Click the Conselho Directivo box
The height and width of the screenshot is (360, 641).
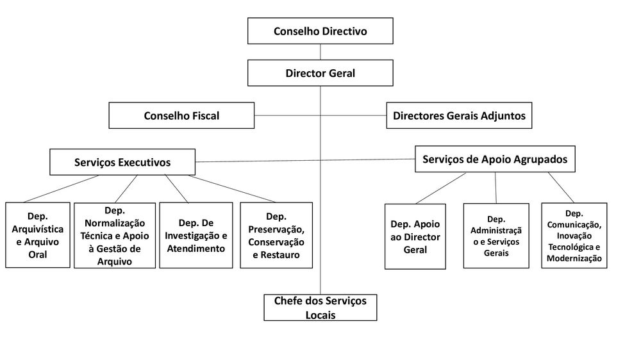tap(320, 31)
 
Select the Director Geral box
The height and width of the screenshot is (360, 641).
tap(320, 73)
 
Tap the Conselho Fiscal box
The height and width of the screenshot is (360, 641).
tap(181, 116)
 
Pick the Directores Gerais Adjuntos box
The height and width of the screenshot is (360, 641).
tap(459, 116)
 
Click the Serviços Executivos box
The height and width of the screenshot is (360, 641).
tap(122, 162)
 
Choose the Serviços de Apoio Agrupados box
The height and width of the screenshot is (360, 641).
tap(495, 160)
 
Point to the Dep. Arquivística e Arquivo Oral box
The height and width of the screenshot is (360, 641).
tap(38, 235)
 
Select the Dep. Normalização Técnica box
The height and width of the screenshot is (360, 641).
tap(115, 235)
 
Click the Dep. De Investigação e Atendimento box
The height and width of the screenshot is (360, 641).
tap(197, 235)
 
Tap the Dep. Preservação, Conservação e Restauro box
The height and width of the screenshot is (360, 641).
tap(276, 235)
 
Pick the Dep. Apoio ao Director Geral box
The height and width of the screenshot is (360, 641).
tap(415, 236)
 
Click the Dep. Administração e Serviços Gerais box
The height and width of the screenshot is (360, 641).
tap(496, 236)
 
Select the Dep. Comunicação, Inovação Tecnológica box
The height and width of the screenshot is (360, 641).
tap(574, 235)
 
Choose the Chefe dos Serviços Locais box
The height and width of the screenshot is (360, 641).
tap(320, 307)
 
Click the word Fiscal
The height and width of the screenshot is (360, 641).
tap(203, 116)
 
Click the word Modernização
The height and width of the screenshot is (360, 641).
tap(574, 258)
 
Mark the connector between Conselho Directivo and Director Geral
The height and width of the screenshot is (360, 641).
tap(320, 52)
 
